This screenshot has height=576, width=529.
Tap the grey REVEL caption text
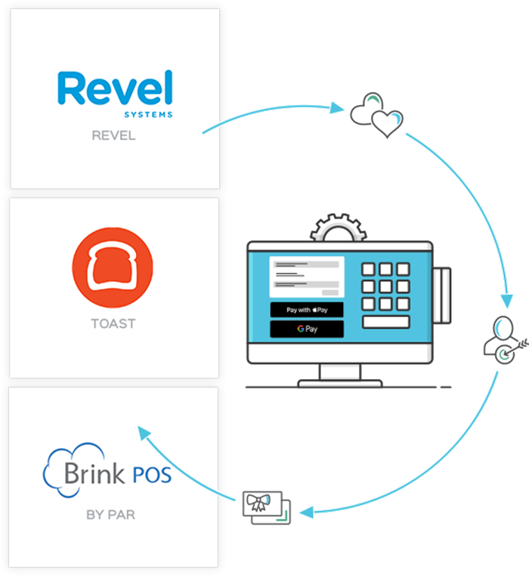pyautogui.click(x=115, y=137)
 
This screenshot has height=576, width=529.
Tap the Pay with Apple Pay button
pyautogui.click(x=307, y=310)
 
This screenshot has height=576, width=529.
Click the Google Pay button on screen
pyautogui.click(x=307, y=330)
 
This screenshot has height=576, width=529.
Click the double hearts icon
pyautogui.click(x=376, y=116)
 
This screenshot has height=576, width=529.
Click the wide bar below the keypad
pyautogui.click(x=385, y=322)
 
